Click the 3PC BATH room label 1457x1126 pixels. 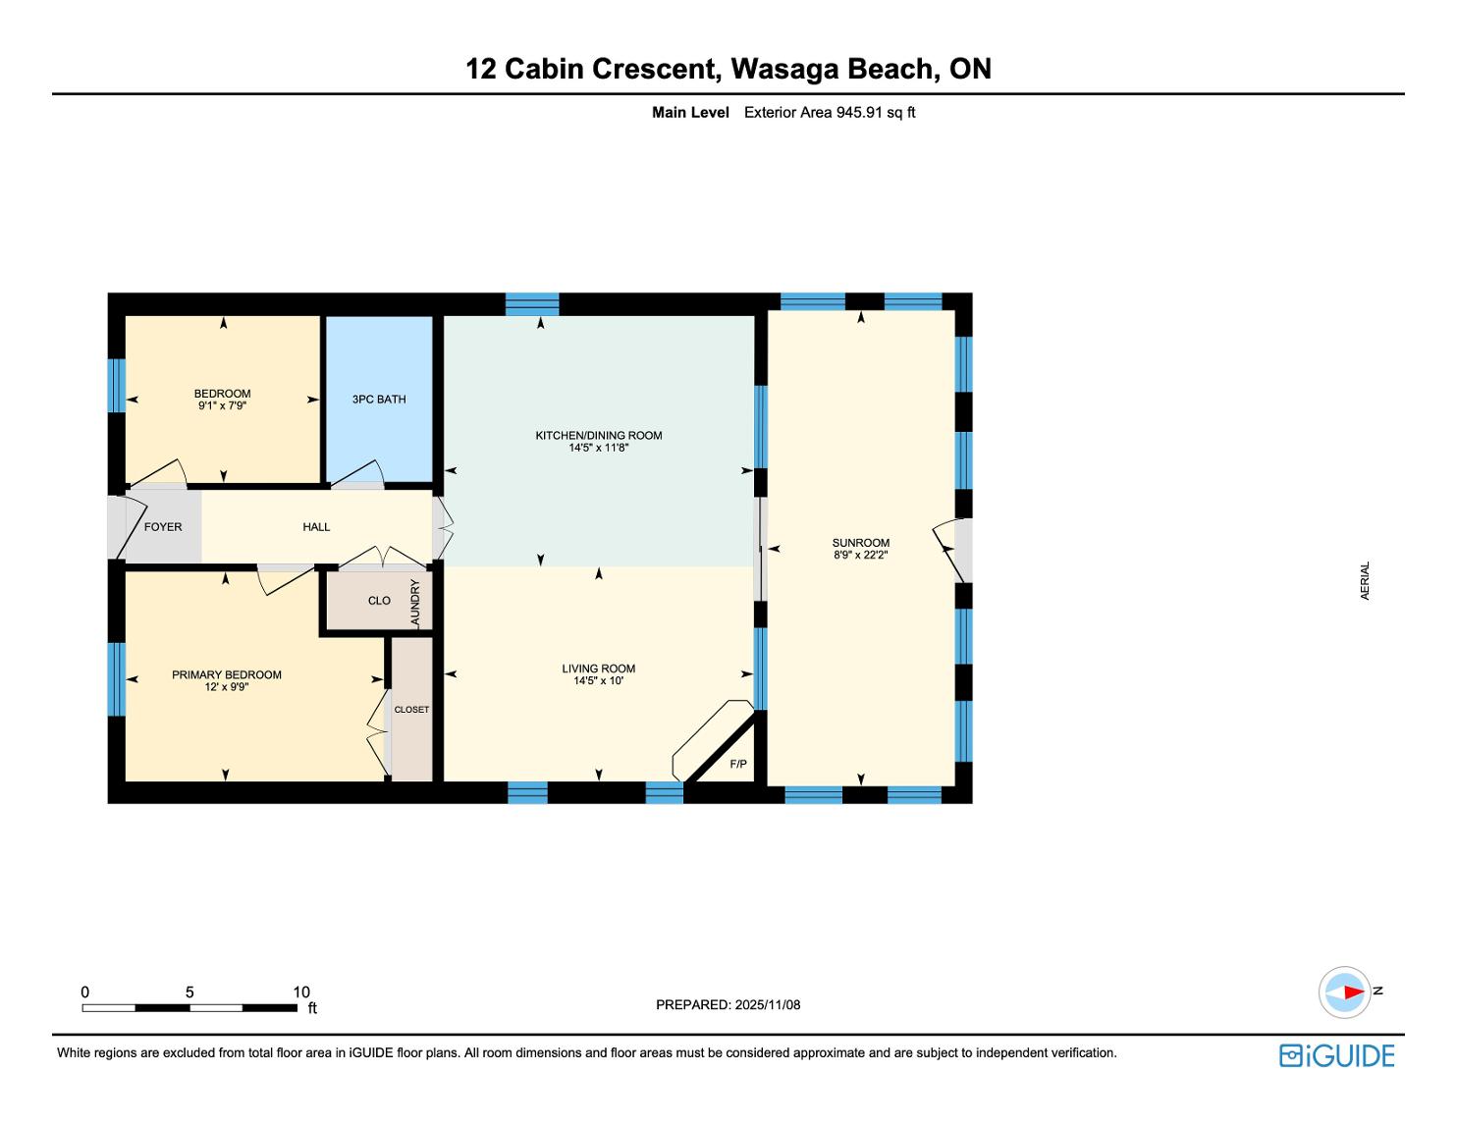pos(379,400)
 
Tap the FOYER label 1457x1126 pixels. pos(163,527)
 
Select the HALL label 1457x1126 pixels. pos(316,527)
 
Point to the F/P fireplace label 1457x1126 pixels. pos(738,764)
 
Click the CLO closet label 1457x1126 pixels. pos(379,601)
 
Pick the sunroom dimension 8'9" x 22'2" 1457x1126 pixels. pos(861,555)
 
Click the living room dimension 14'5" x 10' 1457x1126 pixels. pos(598,680)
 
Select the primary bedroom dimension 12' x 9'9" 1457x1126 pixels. pos(227,686)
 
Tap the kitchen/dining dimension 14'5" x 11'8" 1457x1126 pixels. pos(598,447)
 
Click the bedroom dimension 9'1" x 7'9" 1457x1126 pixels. pos(223,405)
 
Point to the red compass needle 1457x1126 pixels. pos(1355,992)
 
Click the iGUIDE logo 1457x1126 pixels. pos(1336,1055)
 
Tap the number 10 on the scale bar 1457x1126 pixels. pos(301,992)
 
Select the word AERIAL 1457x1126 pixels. pos(1365,580)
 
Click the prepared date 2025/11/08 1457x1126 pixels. pos(768,1004)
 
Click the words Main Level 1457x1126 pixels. pos(690,113)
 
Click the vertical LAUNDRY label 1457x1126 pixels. pos(415,604)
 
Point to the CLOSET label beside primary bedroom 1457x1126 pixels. pos(411,709)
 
